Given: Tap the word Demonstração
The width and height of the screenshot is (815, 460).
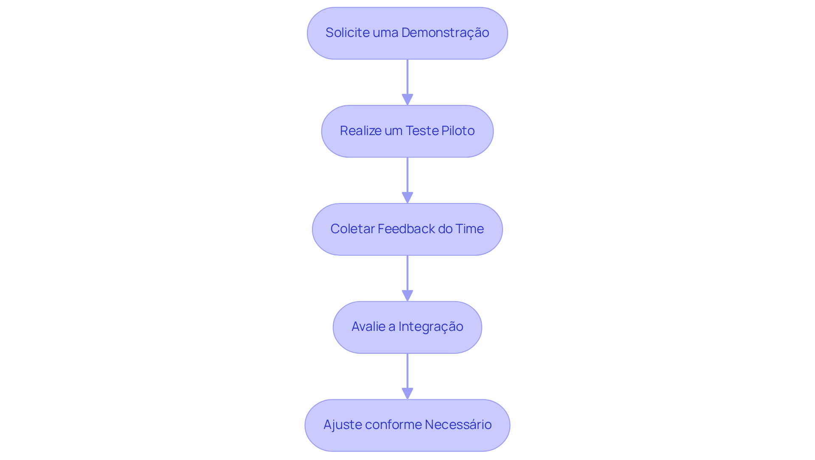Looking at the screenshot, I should [445, 33].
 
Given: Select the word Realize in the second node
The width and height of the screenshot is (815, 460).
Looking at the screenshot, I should [360, 131].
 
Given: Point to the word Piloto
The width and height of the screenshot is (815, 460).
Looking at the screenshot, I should [458, 131].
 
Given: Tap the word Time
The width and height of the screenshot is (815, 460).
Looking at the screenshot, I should [469, 229].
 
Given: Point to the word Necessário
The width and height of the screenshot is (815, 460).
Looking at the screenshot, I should [458, 425].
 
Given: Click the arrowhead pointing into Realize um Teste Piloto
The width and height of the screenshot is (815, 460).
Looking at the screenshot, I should [407, 99].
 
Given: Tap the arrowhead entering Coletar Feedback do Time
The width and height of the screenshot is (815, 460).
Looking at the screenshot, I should [407, 198].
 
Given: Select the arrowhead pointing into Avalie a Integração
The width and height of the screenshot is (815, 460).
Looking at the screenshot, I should [407, 296].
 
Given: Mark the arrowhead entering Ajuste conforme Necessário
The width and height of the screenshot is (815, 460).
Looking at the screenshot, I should [407, 393].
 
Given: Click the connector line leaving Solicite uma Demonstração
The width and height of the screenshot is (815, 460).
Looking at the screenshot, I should [407, 76].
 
